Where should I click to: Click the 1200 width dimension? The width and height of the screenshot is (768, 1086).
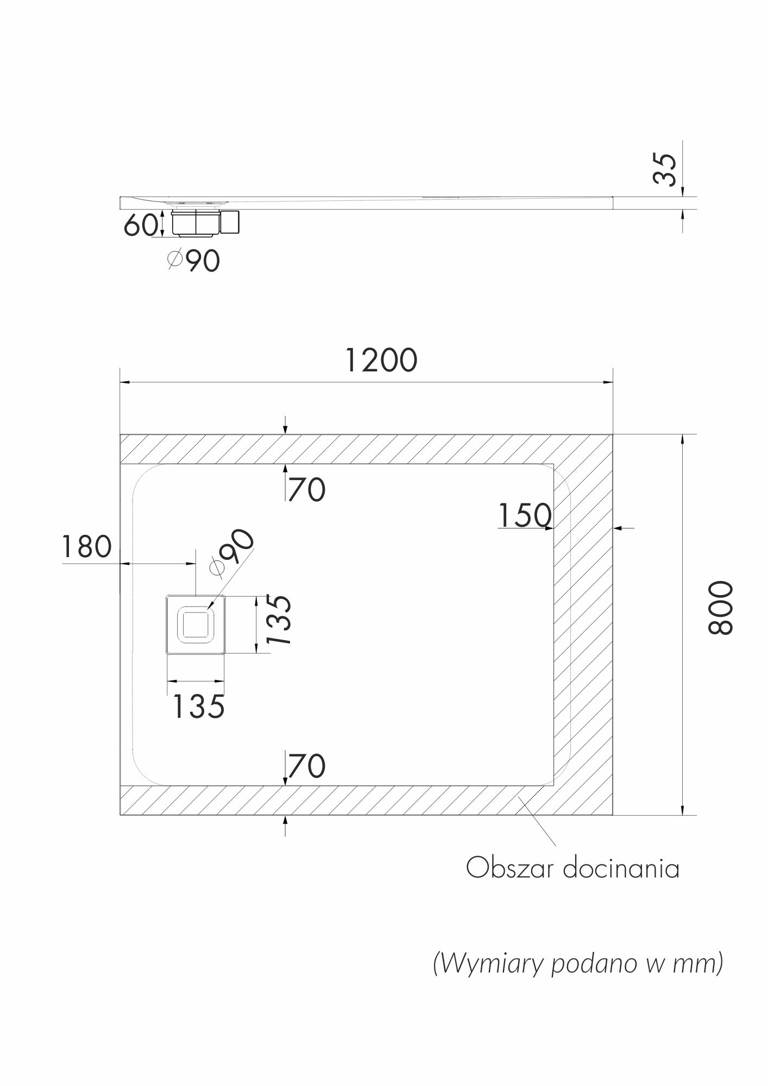(381, 360)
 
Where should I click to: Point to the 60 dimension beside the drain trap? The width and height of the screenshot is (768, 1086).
(141, 225)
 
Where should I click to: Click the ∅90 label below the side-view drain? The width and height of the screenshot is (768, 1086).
(193, 261)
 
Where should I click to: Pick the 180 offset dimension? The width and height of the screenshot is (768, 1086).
(87, 547)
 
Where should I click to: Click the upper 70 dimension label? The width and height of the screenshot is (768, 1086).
(307, 489)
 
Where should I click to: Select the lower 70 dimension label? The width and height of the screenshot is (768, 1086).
(307, 766)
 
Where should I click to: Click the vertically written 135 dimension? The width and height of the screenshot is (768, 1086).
(280, 620)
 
